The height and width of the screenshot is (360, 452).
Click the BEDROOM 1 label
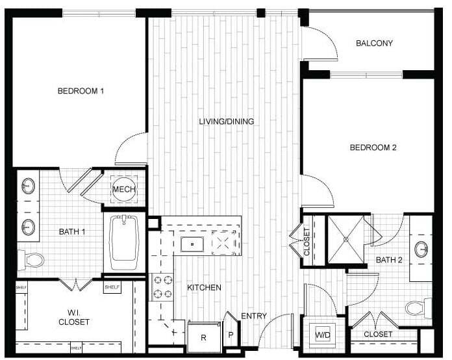(x=81, y=92)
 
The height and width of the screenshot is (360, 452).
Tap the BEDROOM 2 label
(x=373, y=148)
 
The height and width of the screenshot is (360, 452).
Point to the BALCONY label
(x=374, y=44)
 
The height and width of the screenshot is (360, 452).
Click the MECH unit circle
(x=123, y=189)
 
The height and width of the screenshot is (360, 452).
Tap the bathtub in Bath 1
(x=127, y=242)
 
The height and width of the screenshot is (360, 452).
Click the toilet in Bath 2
(x=416, y=307)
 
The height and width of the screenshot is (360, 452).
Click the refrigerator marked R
(x=203, y=337)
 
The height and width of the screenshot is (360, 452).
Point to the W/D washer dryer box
(x=323, y=335)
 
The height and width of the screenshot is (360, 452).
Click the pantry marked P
(x=231, y=335)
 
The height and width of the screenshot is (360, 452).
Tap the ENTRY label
(x=254, y=316)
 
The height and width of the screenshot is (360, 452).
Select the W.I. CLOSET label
(x=73, y=316)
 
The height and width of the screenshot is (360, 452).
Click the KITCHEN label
(x=205, y=287)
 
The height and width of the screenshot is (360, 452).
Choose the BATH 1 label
(x=72, y=231)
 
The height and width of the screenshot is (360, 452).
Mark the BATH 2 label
(x=390, y=261)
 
